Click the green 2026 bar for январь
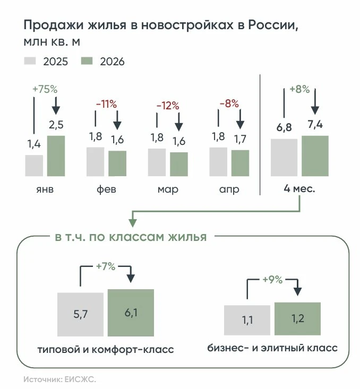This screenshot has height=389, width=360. (x=56, y=156)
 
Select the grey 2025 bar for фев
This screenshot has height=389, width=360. (x=96, y=162)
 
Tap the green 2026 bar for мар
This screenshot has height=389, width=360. (x=179, y=164)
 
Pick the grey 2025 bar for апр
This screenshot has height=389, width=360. (x=218, y=162)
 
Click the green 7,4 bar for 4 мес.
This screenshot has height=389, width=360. (x=315, y=156)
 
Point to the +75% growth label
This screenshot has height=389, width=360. (x=45, y=89)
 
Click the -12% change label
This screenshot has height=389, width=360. (x=168, y=106)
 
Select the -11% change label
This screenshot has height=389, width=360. (x=106, y=104)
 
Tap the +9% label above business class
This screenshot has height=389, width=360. (x=272, y=280)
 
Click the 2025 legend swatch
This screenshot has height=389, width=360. (x=30, y=61)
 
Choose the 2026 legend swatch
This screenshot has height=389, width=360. (x=87, y=61)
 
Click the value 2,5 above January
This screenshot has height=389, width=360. (x=56, y=125)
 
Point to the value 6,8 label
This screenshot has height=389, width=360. (x=284, y=127)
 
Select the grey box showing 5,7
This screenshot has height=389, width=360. (x=80, y=315)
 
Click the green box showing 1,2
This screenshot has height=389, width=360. (x=298, y=319)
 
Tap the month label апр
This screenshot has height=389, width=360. (x=229, y=190)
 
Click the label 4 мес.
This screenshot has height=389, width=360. (x=299, y=189)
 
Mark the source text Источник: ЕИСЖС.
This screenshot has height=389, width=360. (x=59, y=379)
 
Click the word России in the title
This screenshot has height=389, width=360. (x=273, y=25)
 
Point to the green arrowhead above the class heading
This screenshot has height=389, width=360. (x=133, y=223)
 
